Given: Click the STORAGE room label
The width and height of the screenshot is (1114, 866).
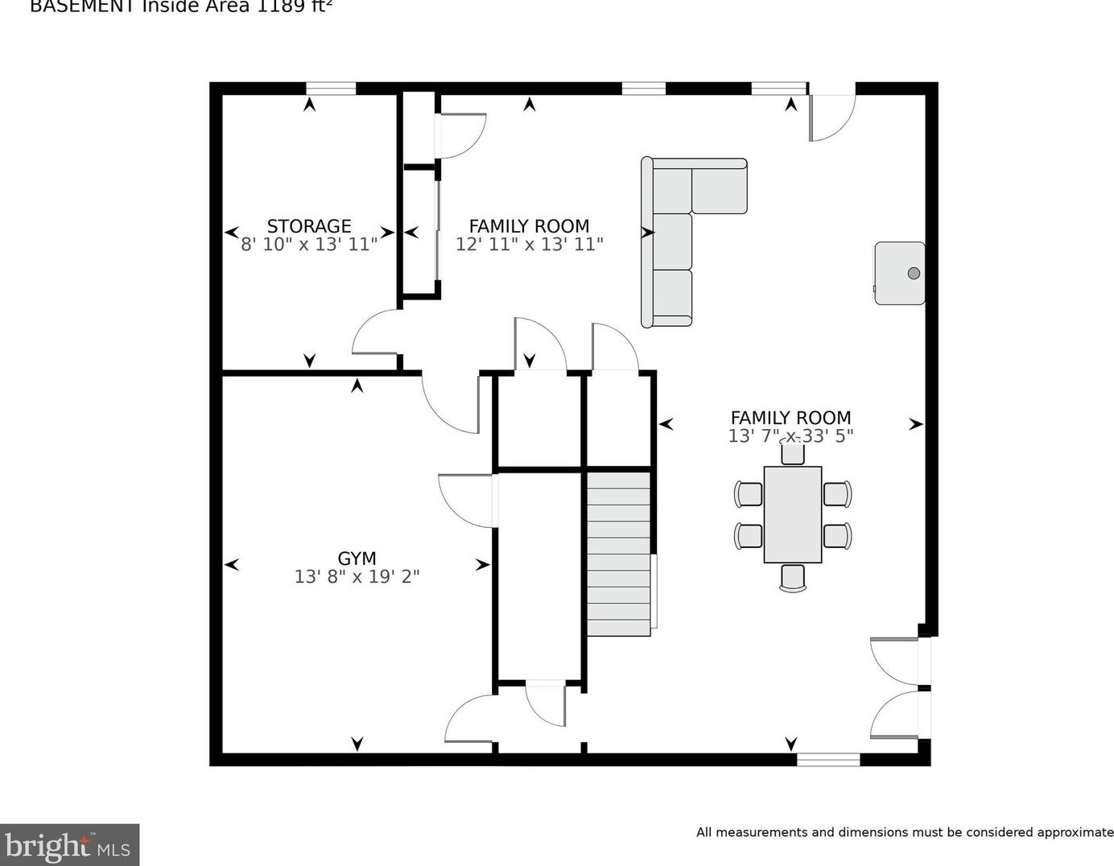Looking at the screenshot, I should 309,226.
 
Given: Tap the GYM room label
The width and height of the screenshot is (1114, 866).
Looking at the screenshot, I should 357,558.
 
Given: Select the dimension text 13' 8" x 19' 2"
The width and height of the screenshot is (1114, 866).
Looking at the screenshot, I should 357,576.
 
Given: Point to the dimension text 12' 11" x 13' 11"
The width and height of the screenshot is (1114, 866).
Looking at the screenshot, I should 529,245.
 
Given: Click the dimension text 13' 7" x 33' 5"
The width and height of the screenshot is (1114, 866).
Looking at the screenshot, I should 790,435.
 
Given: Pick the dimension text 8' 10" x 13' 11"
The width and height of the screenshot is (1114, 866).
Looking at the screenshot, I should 309,245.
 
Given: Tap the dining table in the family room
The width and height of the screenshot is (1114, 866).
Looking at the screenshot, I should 792,514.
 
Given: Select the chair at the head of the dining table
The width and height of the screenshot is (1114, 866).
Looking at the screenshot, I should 792,452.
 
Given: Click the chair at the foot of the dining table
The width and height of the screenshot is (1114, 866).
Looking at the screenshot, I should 792,577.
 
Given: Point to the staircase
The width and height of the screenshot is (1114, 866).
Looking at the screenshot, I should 618,554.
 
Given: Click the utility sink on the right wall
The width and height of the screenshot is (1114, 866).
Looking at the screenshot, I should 899,273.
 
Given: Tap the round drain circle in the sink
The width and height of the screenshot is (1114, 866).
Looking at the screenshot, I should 914,273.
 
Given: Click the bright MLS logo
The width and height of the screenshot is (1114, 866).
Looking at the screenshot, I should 69,845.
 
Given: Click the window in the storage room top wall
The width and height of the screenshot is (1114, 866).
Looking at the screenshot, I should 330,89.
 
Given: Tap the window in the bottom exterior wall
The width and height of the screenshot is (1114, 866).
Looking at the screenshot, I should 828,759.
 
